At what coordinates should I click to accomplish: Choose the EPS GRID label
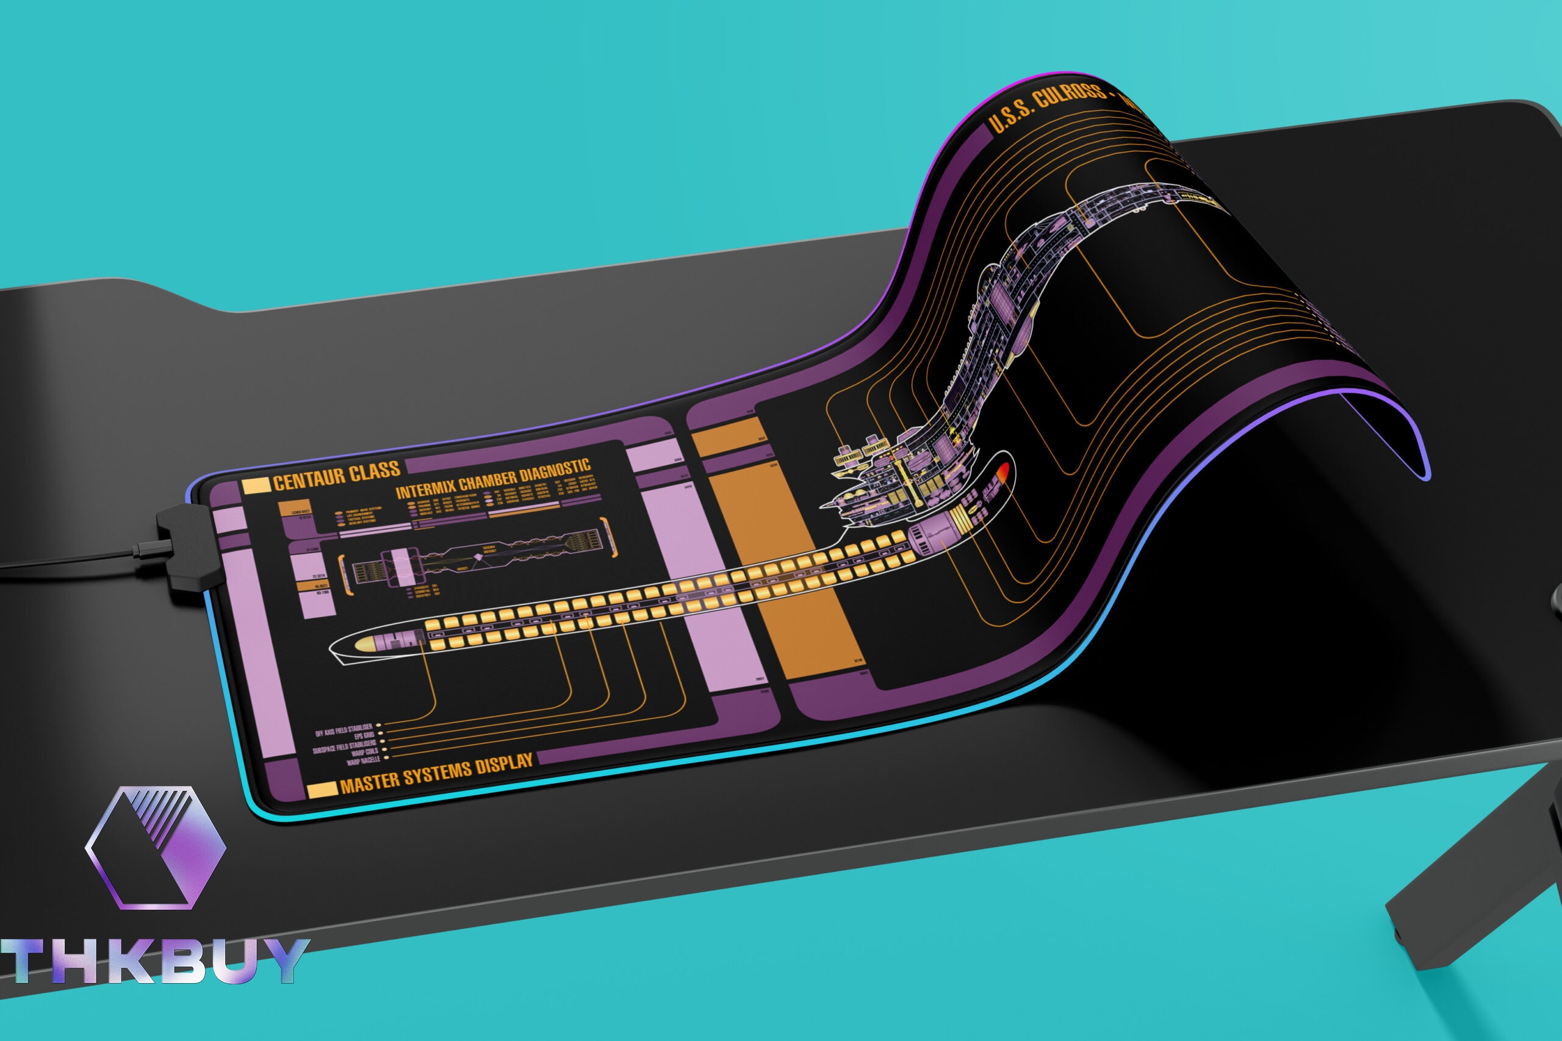363,736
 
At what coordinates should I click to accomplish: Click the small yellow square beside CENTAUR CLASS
256,486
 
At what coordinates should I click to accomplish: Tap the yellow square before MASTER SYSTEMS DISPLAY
322,790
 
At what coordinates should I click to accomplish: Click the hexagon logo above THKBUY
157,847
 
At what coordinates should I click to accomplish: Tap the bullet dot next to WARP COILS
385,750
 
